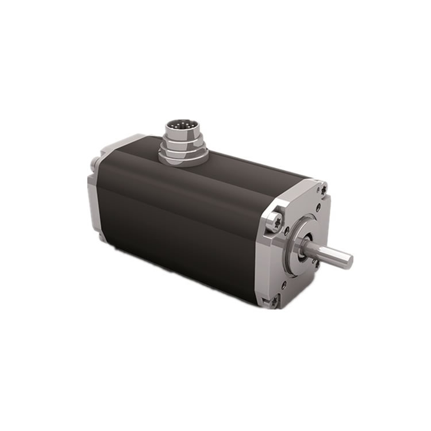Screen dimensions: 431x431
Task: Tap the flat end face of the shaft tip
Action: pyautogui.click(x=348, y=261)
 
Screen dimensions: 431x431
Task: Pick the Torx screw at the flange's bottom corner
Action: pyautogui.click(x=274, y=299)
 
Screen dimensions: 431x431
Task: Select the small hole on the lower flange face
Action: pyautogui.click(x=283, y=283)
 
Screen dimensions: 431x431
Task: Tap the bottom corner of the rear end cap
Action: pyautogui.click(x=101, y=236)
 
